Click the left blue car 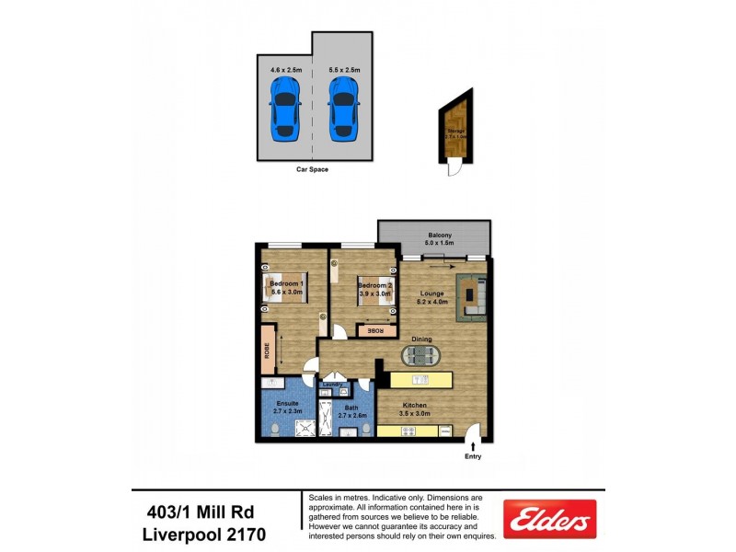pyautogui.click(x=284, y=108)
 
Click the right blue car pyautogui.click(x=342, y=108)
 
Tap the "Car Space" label pyautogui.click(x=312, y=169)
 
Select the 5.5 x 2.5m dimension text pyautogui.click(x=344, y=70)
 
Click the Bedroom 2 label pyautogui.click(x=375, y=286)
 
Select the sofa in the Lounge pyautogui.click(x=473, y=295)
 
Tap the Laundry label pyautogui.click(x=333, y=385)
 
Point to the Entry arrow pyautogui.click(x=473, y=447)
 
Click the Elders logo pyautogui.click(x=550, y=519)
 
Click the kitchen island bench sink pyautogui.click(x=420, y=378)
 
